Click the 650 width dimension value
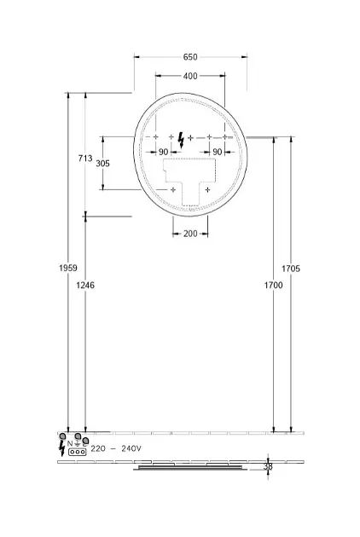pos(190,57)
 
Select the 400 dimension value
pos(190,76)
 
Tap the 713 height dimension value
pos(85,159)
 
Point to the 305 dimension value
pos(103,164)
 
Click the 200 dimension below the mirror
pos(190,234)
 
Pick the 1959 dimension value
pos(68,268)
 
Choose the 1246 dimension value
pos(85,285)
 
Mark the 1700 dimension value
pos(273,285)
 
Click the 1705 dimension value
pos(291,268)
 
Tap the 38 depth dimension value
pos(268,466)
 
